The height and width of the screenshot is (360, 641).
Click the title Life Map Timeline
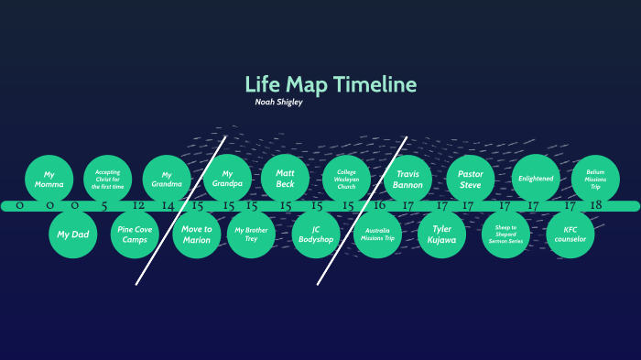point(331,85)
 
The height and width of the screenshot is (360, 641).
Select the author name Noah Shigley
point(278,103)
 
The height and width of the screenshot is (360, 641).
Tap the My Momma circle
point(49,179)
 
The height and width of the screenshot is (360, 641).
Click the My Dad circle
point(72,235)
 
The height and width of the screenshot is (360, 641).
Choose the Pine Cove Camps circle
point(136,235)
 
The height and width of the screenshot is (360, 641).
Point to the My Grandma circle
point(167,179)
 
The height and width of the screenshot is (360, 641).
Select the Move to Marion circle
point(196,235)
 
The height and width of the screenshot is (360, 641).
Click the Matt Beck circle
point(286,179)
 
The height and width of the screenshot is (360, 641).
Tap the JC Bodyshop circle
point(316,235)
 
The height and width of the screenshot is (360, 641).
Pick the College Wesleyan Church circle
point(346,179)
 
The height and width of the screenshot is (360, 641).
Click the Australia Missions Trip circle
point(378,235)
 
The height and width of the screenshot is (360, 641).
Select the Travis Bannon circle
point(407,179)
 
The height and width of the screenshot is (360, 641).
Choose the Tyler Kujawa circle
point(441,235)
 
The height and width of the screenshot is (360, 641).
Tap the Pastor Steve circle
point(470,179)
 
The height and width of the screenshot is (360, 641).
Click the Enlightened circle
point(536,179)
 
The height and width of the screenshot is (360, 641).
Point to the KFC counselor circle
point(570,235)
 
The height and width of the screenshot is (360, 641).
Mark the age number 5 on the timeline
point(104,206)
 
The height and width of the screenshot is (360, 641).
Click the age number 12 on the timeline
point(138,206)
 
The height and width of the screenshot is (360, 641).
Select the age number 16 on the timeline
point(379,206)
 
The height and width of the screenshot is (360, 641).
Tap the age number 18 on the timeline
point(595,206)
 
